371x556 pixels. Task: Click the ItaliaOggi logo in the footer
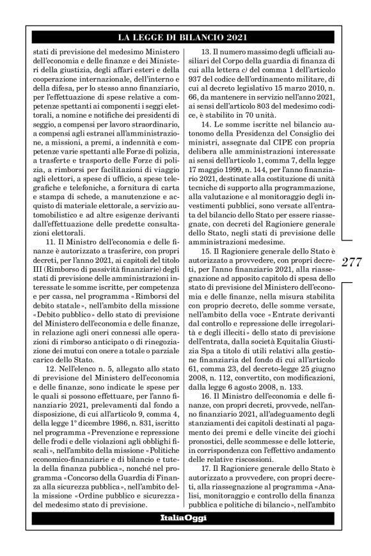(185, 518)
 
